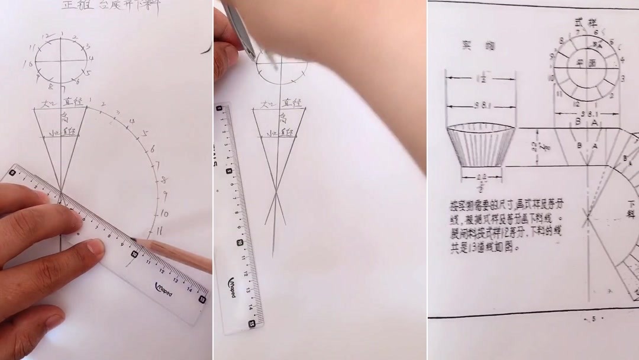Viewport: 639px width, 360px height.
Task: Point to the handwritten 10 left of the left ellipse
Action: pos(27,64)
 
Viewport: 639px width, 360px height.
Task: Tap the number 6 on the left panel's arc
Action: pos(153,149)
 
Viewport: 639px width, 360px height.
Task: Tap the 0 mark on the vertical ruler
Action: pos(220,109)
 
